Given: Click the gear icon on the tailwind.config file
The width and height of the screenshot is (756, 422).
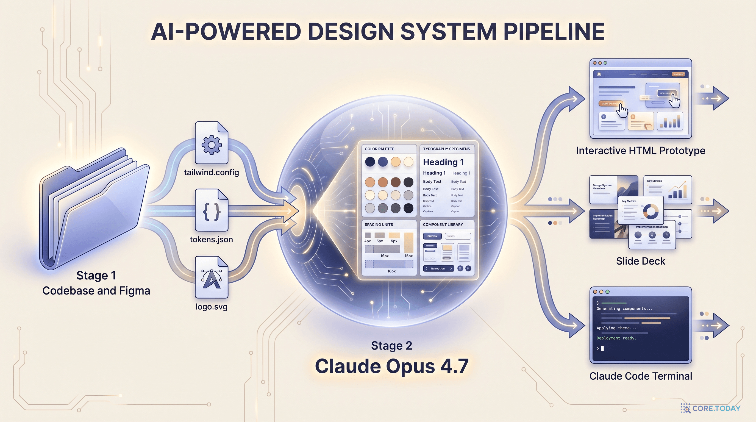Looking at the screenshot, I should point(211,145).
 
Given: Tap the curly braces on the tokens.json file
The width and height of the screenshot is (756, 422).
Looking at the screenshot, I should point(211,212).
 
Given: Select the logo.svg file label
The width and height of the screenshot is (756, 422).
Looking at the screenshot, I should point(211,307).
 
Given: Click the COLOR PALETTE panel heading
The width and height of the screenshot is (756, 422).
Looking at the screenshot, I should point(379,149).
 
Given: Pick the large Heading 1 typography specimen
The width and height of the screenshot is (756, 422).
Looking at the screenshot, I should point(443,162).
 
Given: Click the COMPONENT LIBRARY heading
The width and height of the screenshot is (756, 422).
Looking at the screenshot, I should point(443,224).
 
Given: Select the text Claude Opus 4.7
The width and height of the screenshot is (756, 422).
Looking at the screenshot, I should point(391,366).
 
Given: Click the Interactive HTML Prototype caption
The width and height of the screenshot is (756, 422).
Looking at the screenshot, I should point(640,151).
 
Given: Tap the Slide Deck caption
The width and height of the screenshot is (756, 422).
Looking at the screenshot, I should point(640,261).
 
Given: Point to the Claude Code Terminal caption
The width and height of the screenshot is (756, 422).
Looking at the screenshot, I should point(640,376).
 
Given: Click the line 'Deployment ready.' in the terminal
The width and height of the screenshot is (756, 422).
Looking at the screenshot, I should point(616,338).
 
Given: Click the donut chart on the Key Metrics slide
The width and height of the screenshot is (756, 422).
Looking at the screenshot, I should point(650,212).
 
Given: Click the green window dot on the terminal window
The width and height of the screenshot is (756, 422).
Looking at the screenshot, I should point(607,292).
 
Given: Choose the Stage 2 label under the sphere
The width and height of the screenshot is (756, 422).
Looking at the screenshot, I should point(391,345).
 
